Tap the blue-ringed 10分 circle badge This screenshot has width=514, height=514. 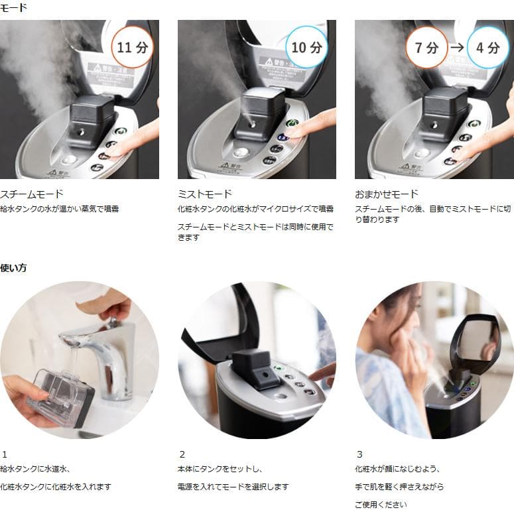click(x=306, y=47)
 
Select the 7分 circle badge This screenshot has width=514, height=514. click(x=426, y=47)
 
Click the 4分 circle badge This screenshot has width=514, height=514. click(x=492, y=47)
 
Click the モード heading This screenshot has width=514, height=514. click(x=14, y=7)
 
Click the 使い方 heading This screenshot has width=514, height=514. click(x=14, y=268)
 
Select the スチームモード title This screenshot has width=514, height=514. click(x=32, y=194)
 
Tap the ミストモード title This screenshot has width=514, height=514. click(x=205, y=194)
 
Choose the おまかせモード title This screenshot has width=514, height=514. click(x=387, y=194)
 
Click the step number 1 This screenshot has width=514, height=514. click(x=4, y=454)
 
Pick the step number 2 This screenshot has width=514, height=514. click(x=182, y=454)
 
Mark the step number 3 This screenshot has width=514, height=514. click(x=359, y=454)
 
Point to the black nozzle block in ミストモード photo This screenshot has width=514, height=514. click(x=259, y=113)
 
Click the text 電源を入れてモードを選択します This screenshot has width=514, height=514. click(x=233, y=486)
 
